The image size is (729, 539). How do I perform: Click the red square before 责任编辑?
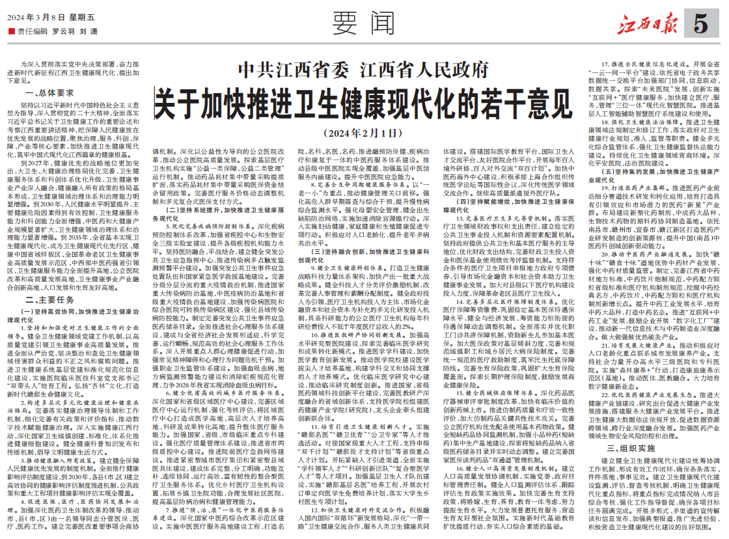[10, 31]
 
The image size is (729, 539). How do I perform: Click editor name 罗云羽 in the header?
[62, 31]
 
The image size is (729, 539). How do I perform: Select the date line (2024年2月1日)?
[363, 133]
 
